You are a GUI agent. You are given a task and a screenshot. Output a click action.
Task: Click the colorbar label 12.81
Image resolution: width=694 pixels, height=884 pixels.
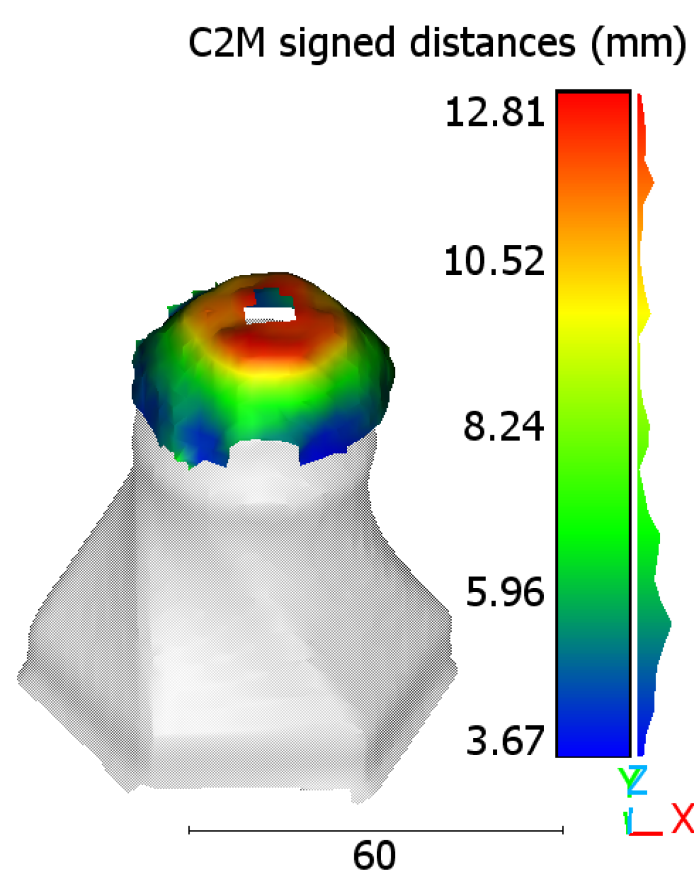tap(495, 112)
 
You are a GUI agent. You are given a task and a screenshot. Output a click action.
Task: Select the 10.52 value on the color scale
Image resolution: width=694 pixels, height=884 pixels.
tap(494, 261)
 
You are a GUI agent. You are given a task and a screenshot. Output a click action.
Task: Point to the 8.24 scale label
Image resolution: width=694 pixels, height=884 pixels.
tap(503, 426)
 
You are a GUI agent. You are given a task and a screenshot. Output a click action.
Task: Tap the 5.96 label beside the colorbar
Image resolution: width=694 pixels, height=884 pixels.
tap(504, 592)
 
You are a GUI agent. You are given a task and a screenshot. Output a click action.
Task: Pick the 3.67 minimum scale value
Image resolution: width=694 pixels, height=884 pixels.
tap(504, 741)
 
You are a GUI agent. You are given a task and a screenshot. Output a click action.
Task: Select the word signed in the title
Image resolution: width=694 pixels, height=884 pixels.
tap(337, 45)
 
